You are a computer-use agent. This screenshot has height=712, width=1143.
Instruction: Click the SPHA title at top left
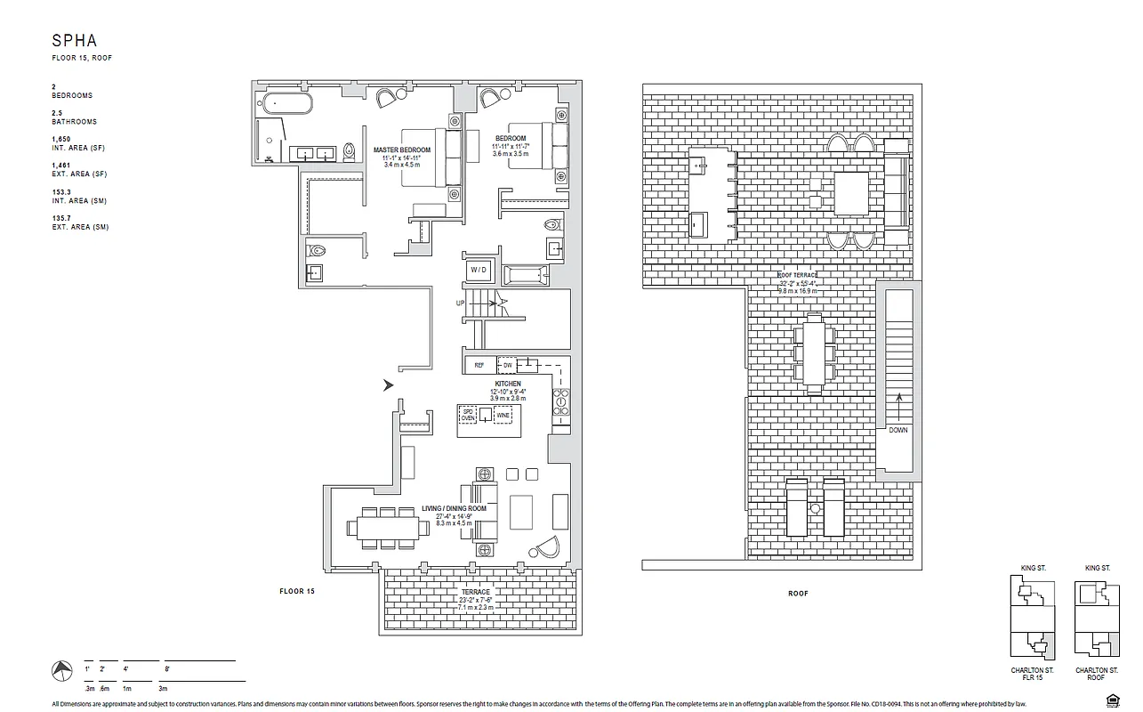coord(73,40)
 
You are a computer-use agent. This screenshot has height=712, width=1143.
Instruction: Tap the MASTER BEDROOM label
coord(401,150)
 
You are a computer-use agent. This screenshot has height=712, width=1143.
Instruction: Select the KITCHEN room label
coord(508,384)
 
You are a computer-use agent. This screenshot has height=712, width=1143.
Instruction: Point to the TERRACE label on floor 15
coord(475,592)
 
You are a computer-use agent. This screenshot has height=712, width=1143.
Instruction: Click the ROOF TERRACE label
coord(798,276)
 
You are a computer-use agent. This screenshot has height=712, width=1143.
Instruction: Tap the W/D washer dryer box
coord(479,270)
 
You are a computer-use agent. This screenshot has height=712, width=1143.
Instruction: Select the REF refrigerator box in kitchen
coord(479,365)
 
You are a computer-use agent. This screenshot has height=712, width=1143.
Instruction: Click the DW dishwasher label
coord(506,365)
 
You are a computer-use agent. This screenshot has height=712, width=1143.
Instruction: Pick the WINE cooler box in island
coord(503,416)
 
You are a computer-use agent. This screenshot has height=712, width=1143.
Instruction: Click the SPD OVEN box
coord(467,416)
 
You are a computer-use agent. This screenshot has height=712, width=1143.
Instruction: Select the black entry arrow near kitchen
coord(388,385)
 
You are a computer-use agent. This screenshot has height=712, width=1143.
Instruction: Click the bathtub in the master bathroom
coord(286,103)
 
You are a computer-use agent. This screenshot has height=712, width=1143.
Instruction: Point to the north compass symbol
coord(61,669)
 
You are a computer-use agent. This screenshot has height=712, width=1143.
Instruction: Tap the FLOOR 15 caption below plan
coord(297,591)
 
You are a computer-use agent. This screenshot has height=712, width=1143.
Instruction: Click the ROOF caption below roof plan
coord(797,594)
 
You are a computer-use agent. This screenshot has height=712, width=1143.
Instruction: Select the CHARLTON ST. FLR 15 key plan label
coord(1032,674)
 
